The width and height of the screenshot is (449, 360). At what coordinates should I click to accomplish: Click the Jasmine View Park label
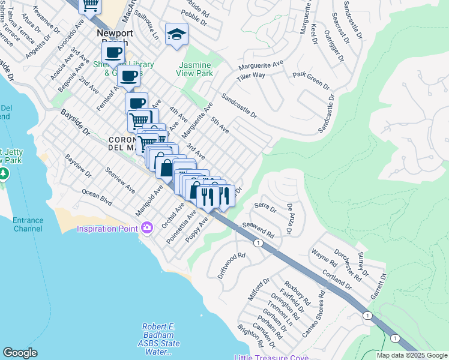tap(194, 69)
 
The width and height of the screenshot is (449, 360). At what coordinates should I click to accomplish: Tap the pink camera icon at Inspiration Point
tap(146, 227)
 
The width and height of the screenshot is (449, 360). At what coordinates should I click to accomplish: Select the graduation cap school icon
tap(177, 34)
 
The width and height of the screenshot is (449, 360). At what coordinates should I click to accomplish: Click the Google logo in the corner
tap(20, 353)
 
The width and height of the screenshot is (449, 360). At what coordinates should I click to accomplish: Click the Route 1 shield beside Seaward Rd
tap(258, 242)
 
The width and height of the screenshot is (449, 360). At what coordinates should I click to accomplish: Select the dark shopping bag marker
tap(165, 167)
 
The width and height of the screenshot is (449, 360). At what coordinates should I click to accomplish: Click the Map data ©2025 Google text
tap(411, 355)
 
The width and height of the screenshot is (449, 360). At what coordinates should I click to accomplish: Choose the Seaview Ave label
tap(120, 181)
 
